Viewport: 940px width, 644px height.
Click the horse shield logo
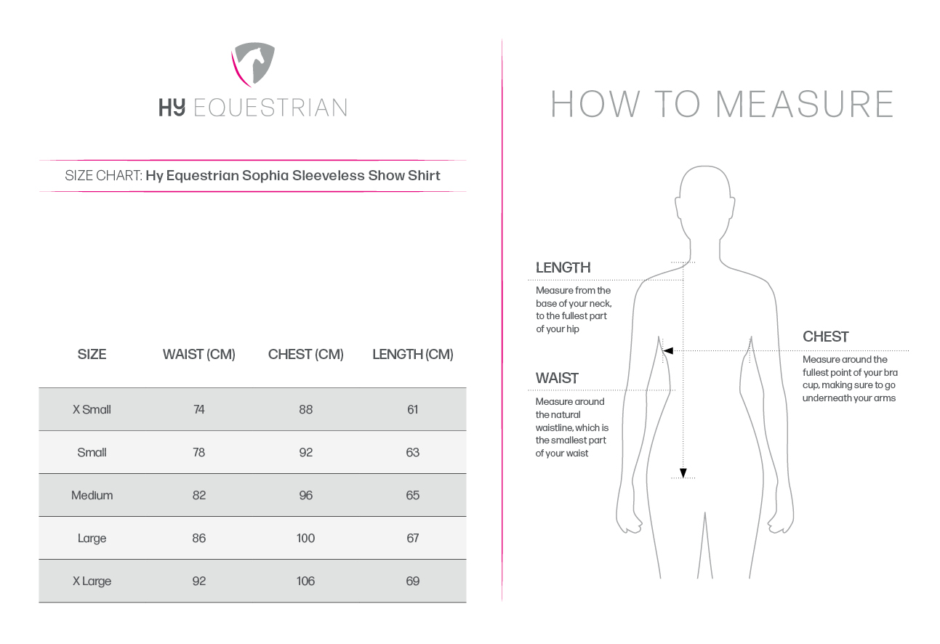pos(253,64)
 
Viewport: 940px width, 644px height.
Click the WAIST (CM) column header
pos(198,355)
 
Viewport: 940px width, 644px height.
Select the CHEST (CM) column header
pos(305,355)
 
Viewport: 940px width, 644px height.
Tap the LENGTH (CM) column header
pos(412,355)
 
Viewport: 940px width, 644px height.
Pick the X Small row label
pos(92,410)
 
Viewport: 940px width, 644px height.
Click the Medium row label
pos(92,496)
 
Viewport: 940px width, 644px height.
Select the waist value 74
pos(198,410)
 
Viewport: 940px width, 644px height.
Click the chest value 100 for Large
pos(305,539)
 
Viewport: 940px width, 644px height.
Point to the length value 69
pos(412,581)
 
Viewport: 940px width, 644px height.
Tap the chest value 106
pos(305,581)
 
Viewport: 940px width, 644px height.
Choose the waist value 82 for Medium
pos(198,496)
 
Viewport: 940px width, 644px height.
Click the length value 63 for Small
pos(412,453)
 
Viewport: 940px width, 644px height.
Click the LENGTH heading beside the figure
pos(563,268)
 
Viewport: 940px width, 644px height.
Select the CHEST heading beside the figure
pos(825,337)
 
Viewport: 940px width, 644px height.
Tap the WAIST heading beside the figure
pos(557,379)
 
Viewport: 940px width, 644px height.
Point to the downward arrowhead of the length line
pos(683,473)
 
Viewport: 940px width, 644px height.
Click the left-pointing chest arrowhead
pos(668,351)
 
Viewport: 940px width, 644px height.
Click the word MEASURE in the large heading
pos(804,105)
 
